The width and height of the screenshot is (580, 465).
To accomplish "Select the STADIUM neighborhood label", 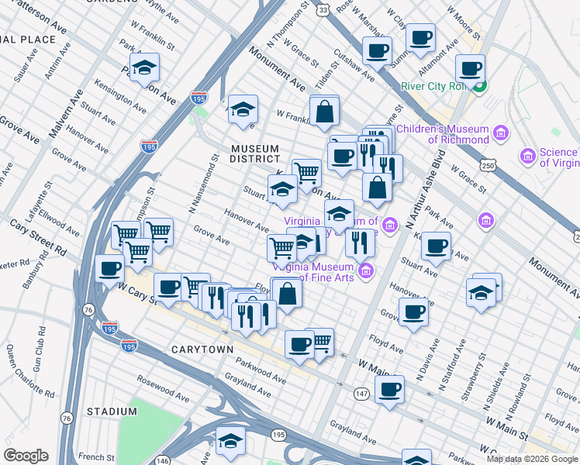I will [x=111, y=411].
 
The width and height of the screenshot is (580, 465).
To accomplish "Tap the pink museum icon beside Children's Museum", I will [x=500, y=134].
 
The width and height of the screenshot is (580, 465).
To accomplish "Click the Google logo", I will [x=26, y=456].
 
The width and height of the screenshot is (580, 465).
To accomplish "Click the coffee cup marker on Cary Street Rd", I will [x=109, y=268].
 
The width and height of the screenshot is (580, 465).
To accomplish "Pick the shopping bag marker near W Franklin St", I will [x=324, y=112].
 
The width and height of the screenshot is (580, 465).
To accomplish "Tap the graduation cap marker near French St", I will [x=230, y=441].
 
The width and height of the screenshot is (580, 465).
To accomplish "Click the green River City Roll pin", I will [x=480, y=86].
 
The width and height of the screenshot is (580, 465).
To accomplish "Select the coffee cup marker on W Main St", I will [x=389, y=389].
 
